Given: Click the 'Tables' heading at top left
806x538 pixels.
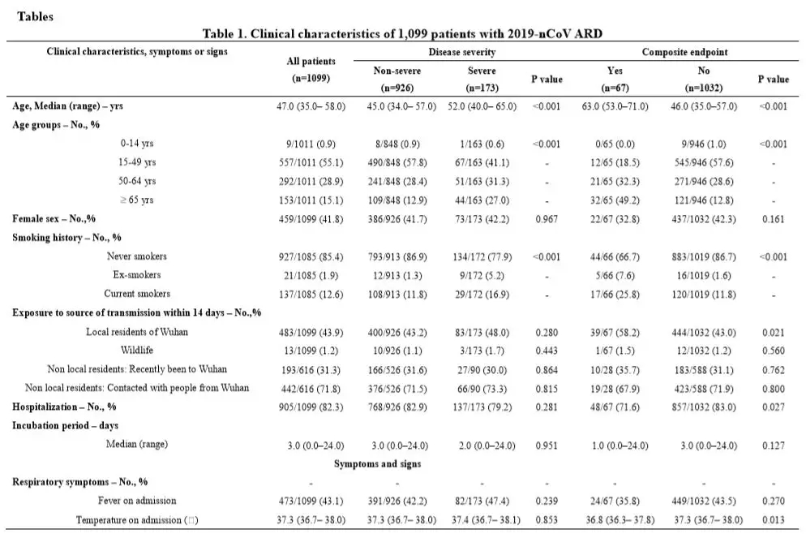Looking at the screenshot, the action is pos(35,16).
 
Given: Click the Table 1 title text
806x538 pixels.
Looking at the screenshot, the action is pos(402,34).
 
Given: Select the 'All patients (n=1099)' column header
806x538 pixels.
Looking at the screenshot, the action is pos(311,70).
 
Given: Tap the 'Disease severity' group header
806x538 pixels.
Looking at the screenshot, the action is pos(461,52).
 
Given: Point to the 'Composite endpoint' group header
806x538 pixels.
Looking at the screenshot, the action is pos(684,52).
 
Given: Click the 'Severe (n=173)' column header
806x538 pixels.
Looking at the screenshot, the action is pos(482,80).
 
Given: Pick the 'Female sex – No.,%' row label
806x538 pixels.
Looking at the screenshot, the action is pos(54,218).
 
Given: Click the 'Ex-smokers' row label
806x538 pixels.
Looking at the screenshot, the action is pos(137,274).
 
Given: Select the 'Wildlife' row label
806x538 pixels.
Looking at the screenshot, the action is pos(137,351).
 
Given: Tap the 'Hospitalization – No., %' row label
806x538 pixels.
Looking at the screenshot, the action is pos(64,407).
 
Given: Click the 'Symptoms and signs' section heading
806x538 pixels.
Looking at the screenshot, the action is pos(377,464).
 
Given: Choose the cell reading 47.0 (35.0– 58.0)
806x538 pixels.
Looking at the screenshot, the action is pos(311,106).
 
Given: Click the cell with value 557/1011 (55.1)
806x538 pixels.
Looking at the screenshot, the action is pos(311,162).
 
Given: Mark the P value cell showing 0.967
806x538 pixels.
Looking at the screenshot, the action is pos(547,219).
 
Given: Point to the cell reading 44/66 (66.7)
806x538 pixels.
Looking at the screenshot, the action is pos(615,256).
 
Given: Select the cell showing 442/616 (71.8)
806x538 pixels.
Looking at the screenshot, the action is pos(311,389).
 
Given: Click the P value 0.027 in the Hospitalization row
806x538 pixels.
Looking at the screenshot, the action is pos(773,407).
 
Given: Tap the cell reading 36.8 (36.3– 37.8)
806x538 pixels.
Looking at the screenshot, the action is pos(620,520).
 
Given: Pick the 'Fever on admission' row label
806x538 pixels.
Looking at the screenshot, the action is pos(137,501).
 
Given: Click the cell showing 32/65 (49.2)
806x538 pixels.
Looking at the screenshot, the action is pos(615,200).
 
